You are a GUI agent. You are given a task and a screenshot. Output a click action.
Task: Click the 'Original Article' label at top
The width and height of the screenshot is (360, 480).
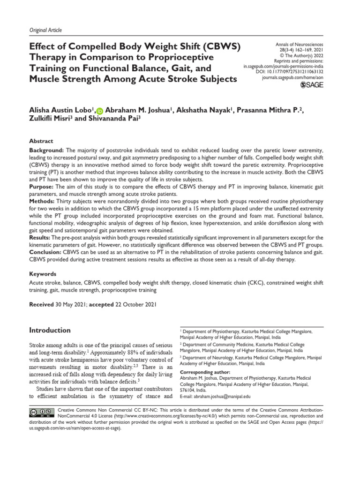point(45,30)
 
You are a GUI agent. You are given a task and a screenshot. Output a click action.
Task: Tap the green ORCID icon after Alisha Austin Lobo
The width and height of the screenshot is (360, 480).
point(99,111)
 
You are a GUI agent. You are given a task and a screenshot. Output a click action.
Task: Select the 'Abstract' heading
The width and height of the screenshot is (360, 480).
point(41,141)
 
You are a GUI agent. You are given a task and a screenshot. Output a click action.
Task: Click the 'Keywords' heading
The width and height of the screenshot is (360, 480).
point(43,274)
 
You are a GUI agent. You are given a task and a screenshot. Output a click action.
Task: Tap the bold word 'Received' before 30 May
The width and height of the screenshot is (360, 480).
point(42,305)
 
